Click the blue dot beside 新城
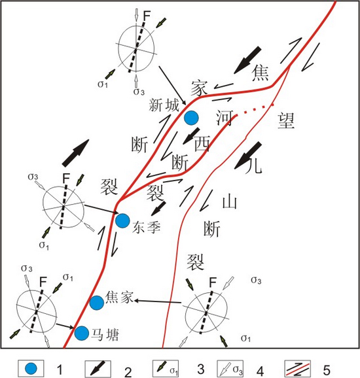click(191, 118)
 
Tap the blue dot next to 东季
click(122, 221)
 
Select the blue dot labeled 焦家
click(97, 303)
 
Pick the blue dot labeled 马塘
click(82, 334)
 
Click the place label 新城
click(164, 105)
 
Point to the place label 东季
click(146, 227)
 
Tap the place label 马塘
click(105, 335)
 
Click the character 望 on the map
click(286, 121)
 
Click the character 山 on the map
click(230, 201)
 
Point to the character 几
click(253, 165)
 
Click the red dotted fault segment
click(255, 109)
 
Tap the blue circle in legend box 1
click(31, 369)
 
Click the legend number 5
click(326, 369)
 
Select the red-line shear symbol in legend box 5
click(298, 369)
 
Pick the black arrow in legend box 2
click(98, 368)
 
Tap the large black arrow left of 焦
click(247, 60)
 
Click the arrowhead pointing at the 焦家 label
click(137, 301)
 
